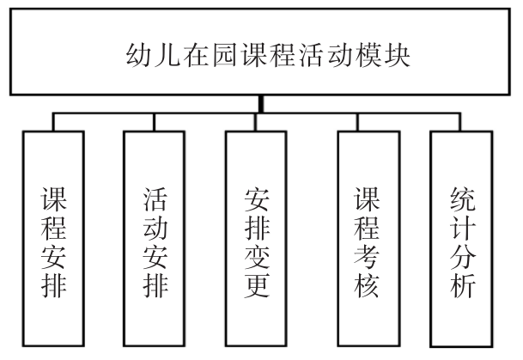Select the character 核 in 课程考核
(361, 285)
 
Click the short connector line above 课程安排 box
(53, 121)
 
